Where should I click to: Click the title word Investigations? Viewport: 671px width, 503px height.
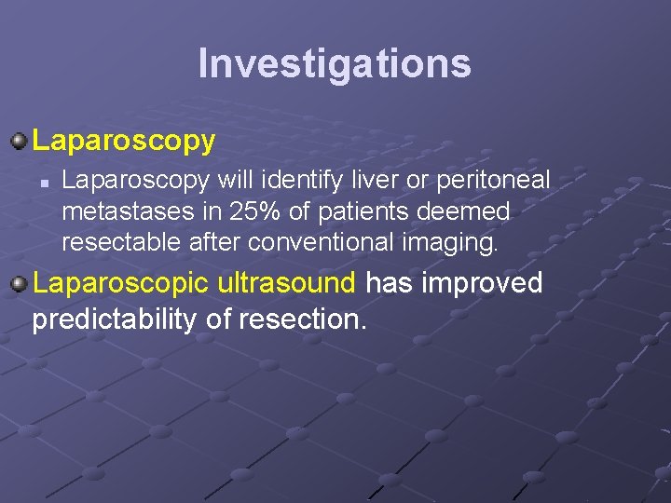(335, 63)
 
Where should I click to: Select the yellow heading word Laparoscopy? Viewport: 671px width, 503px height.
(124, 142)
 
